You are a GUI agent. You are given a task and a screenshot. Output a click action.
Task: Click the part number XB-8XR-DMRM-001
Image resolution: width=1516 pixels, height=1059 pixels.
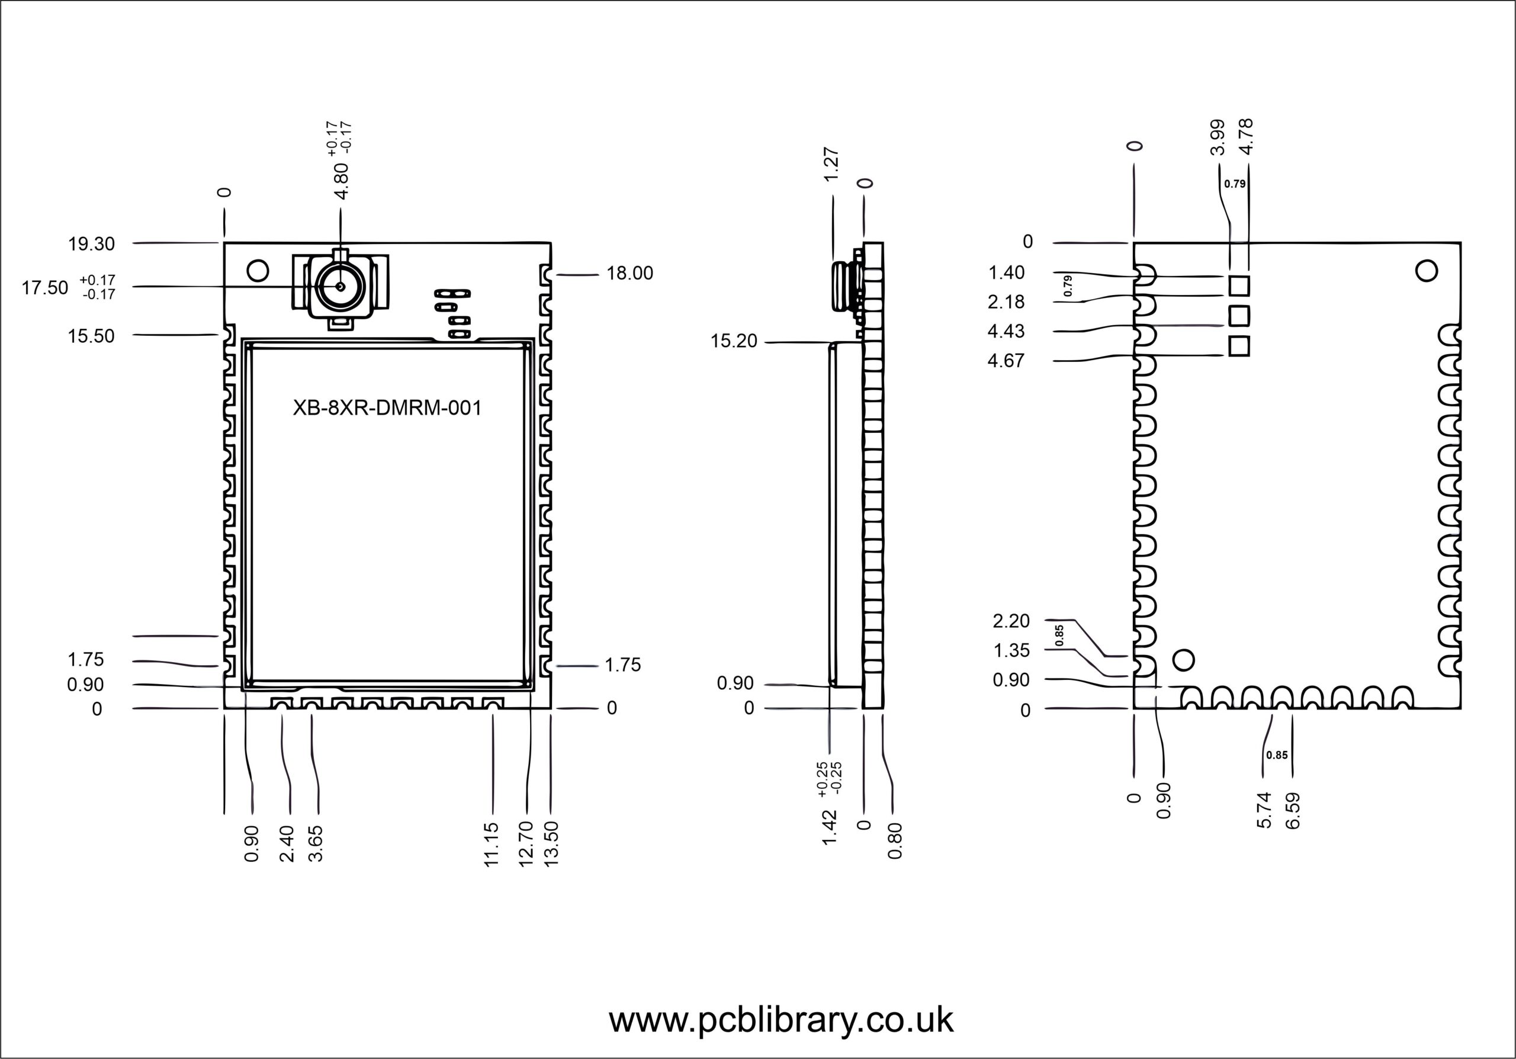pyautogui.click(x=387, y=408)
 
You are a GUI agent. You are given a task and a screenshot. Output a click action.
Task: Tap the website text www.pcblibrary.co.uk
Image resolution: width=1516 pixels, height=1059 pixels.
pyautogui.click(x=781, y=1020)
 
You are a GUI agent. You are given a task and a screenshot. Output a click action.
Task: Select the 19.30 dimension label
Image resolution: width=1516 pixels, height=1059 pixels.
pyautogui.click(x=91, y=244)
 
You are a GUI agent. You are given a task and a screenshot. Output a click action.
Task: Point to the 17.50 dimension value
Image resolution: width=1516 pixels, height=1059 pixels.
pyautogui.click(x=45, y=288)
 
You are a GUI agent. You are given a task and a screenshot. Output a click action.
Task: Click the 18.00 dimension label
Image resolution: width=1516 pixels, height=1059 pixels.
pyautogui.click(x=629, y=273)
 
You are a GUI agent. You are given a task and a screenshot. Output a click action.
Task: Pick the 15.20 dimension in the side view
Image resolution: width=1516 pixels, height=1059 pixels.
pyautogui.click(x=734, y=341)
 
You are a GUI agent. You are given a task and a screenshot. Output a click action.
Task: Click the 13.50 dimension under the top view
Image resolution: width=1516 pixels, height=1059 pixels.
pyautogui.click(x=551, y=844)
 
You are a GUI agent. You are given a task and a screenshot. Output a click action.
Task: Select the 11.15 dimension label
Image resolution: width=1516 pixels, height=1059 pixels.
pyautogui.click(x=492, y=845)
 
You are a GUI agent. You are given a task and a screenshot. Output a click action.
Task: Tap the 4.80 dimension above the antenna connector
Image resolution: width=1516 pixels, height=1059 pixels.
pyautogui.click(x=341, y=181)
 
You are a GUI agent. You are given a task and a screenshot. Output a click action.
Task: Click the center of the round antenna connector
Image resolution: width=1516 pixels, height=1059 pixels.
pyautogui.click(x=340, y=287)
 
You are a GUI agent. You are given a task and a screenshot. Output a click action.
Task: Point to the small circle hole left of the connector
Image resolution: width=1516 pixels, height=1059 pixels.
pyautogui.click(x=258, y=270)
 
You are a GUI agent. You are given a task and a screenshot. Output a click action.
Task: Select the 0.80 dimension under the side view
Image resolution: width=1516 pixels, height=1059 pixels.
pyautogui.click(x=895, y=841)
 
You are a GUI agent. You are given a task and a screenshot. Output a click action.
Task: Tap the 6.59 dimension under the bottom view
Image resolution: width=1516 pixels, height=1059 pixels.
pyautogui.click(x=1293, y=811)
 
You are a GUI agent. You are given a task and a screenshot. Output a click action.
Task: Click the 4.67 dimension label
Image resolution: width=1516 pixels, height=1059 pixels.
pyautogui.click(x=1006, y=361)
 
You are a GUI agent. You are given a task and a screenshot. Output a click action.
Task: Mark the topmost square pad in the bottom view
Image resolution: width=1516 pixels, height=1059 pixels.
pyautogui.click(x=1239, y=286)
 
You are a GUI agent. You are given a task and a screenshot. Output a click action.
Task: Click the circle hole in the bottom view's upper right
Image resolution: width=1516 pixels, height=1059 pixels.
pyautogui.click(x=1426, y=271)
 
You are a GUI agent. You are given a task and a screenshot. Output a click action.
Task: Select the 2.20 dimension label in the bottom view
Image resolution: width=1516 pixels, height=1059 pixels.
pyautogui.click(x=1011, y=621)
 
